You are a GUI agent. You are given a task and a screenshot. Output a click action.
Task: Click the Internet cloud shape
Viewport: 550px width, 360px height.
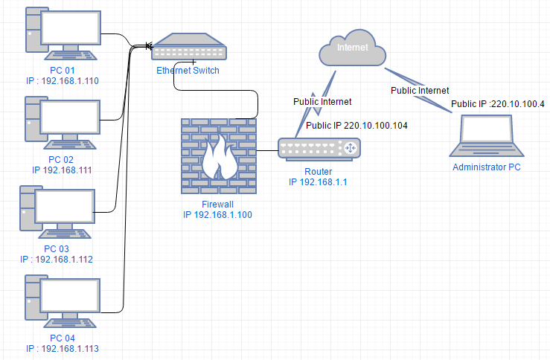352,51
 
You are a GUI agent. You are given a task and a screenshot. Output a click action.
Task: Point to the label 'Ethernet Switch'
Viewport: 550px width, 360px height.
188,71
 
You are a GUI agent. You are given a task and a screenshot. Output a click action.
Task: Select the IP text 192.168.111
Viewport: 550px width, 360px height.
64,170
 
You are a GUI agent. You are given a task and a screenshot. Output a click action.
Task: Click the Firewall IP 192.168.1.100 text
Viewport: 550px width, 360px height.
218,214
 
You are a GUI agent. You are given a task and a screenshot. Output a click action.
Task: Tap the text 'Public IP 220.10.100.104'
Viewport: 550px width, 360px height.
356,126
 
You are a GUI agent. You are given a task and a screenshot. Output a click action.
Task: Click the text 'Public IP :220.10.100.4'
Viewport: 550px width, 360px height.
498,104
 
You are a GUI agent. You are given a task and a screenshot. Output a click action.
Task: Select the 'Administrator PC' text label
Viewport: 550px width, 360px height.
486,167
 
